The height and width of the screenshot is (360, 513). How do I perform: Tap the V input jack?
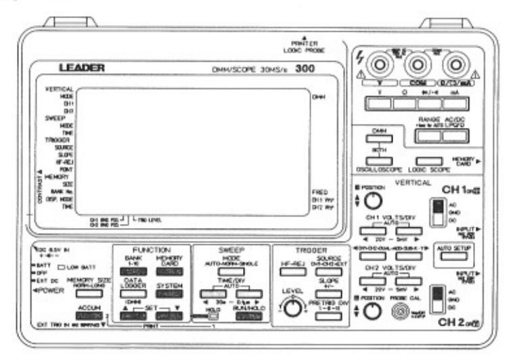[x=374, y=66]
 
